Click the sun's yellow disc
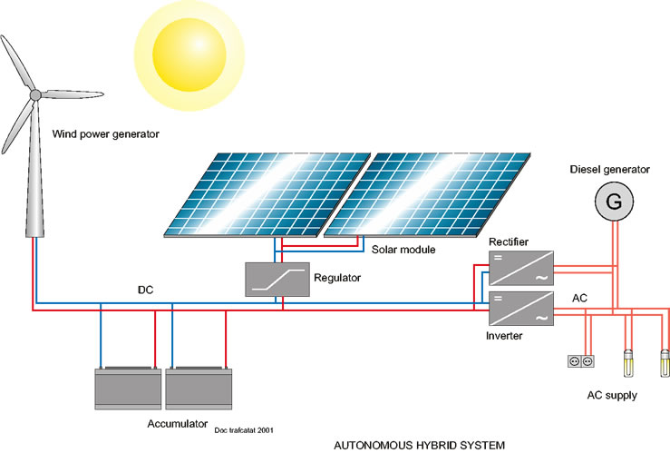click(189, 55)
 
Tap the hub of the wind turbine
click(35, 94)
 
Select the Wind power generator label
click(105, 134)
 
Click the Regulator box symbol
click(277, 280)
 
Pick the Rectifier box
click(521, 268)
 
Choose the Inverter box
click(521, 309)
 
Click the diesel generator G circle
click(614, 202)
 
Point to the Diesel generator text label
click(610, 170)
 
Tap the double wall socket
click(581, 361)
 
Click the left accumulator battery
click(128, 388)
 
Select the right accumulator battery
click(199, 388)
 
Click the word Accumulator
click(178, 424)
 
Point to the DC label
click(145, 290)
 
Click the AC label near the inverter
click(579, 298)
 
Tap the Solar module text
click(403, 250)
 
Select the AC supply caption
click(612, 395)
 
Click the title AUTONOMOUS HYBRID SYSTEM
click(419, 446)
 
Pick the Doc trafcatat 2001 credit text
click(244, 430)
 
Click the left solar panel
click(267, 194)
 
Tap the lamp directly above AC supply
click(628, 363)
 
